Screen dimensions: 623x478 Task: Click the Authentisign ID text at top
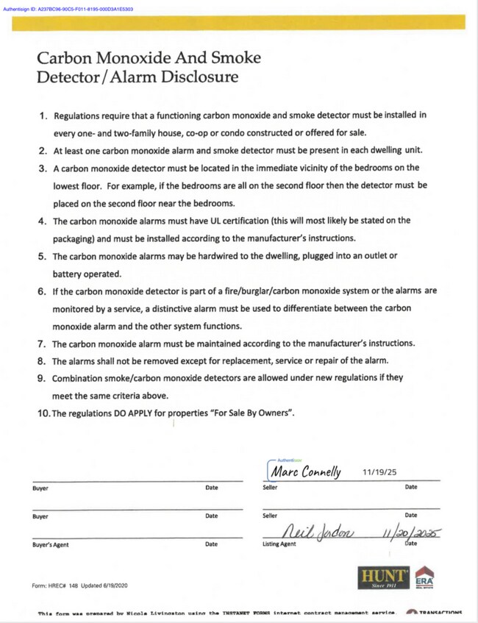[67, 9]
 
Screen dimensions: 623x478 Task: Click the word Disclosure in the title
[201, 76]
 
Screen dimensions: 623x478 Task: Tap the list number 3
[43, 168]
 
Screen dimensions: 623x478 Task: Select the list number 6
[43, 291]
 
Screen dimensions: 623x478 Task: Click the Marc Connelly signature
[305, 471]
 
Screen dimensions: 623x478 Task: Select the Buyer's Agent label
[51, 544]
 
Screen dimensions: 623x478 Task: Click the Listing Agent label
[279, 544]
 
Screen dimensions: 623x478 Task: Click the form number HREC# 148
[66, 586]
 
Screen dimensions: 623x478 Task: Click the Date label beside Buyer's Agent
[211, 544]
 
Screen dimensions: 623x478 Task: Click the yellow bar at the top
[239, 22]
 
